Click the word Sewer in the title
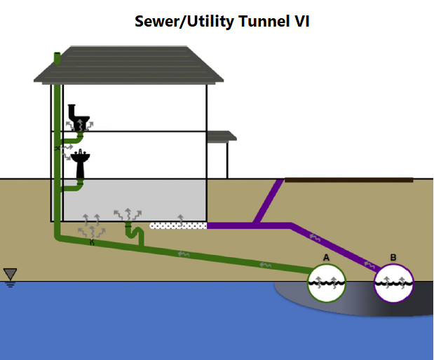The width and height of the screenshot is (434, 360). click(x=156, y=22)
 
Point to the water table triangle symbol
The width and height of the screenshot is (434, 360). click(x=10, y=275)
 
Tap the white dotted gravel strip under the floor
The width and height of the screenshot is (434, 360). click(x=178, y=226)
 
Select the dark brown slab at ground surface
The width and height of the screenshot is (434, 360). click(x=348, y=180)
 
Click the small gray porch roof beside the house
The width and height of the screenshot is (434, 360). click(x=222, y=136)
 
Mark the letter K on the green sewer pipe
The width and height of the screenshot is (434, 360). click(x=91, y=242)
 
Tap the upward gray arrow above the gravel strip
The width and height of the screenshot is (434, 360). click(x=181, y=218)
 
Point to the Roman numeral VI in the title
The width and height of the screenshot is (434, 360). click(x=301, y=22)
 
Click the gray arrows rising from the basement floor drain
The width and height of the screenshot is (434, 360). click(x=127, y=214)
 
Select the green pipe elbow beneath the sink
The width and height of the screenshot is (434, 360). click(x=79, y=186)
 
